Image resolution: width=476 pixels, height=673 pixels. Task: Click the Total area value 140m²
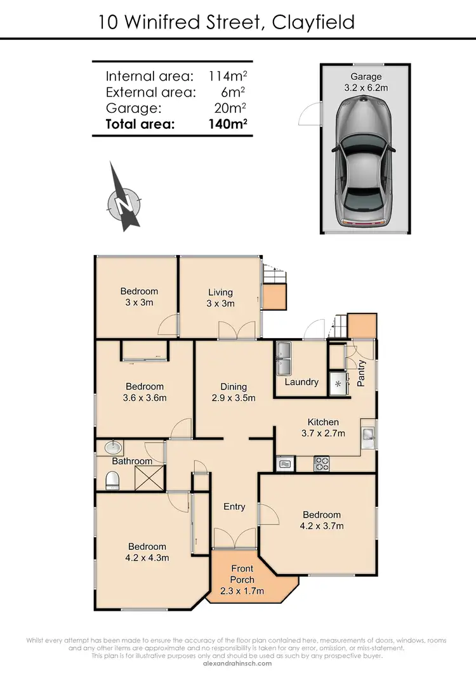(228, 124)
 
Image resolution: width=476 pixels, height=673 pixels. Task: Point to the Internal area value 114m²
(228, 76)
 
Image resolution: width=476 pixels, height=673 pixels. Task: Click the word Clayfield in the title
(313, 23)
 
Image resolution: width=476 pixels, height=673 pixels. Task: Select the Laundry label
(301, 382)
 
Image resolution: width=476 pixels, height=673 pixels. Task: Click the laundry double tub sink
(282, 359)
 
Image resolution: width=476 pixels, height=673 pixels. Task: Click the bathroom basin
(111, 447)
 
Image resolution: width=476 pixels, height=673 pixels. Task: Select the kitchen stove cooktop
(322, 464)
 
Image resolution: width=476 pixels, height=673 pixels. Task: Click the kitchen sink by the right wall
(368, 435)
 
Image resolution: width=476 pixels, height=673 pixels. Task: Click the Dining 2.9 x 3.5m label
(234, 392)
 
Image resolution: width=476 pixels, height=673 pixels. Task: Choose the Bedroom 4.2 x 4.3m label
(147, 552)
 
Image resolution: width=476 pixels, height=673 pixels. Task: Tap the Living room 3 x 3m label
(220, 297)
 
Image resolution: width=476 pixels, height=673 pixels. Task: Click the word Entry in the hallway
(234, 506)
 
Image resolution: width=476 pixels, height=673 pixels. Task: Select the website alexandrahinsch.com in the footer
(237, 663)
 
